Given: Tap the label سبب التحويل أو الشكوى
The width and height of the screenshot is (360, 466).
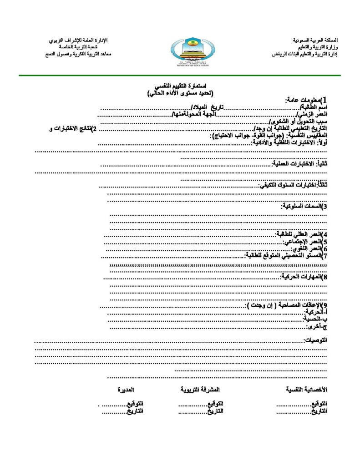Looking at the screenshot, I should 298,122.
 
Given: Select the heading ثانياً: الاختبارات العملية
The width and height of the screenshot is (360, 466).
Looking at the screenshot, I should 299,164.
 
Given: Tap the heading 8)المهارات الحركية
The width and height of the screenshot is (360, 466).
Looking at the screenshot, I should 304,276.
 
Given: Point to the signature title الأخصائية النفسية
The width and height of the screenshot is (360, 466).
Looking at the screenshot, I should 306,390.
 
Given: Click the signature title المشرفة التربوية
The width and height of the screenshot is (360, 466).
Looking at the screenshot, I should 200,390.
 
